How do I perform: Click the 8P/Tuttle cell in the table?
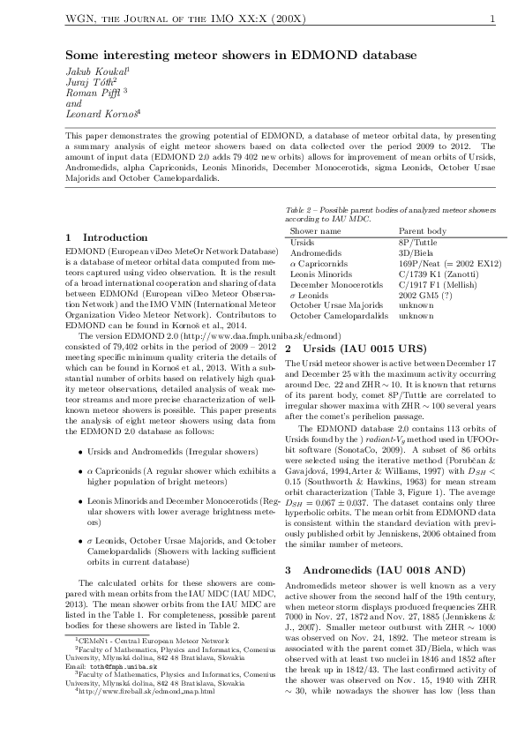point(419,241)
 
